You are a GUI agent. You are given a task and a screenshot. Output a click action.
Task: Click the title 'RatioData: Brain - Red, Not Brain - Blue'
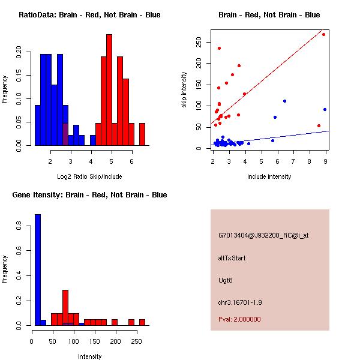pos(89,14)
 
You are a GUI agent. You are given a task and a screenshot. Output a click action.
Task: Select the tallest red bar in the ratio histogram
pos(109,90)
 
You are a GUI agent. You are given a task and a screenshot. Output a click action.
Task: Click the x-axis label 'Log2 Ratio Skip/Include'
pos(89,176)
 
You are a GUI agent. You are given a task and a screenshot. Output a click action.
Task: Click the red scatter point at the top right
pos(323,34)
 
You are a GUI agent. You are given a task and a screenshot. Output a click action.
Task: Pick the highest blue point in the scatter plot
pos(284,101)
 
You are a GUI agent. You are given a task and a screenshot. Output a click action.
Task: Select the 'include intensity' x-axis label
pos(269,176)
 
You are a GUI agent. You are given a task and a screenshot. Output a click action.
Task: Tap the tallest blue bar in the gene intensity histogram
pos(38,269)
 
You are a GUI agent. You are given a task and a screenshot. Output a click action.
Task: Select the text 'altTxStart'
pos(232,258)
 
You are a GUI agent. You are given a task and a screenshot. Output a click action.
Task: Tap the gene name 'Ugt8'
pos(225,280)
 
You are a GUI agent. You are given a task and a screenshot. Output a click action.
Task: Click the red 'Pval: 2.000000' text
pos(239,319)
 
